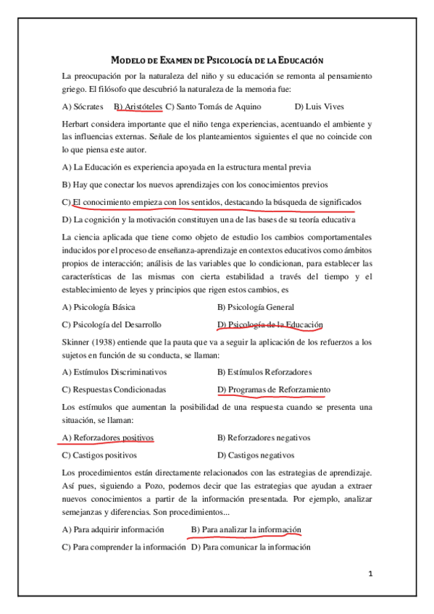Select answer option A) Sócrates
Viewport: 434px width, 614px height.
click(83, 106)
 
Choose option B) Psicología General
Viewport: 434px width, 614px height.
click(255, 307)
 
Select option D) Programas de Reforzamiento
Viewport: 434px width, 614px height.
click(273, 390)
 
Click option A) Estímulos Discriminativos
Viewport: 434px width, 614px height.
click(114, 372)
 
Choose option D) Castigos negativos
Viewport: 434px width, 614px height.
click(256, 455)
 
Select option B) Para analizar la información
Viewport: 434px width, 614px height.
click(246, 529)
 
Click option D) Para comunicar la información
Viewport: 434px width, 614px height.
click(251, 547)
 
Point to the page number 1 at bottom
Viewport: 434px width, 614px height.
click(370, 574)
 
